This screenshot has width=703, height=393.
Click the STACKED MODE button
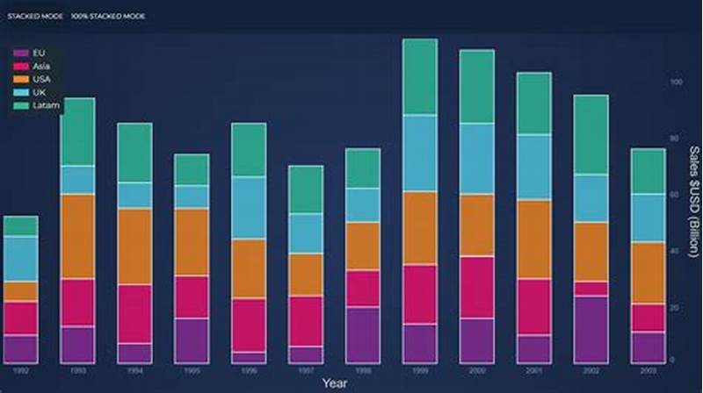(34, 16)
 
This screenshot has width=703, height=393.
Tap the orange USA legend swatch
(20, 79)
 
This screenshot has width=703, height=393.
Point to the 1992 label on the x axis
(20, 371)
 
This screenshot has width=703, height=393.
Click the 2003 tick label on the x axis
(648, 371)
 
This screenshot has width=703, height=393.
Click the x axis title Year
(334, 382)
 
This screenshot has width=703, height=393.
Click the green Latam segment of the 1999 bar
(420, 76)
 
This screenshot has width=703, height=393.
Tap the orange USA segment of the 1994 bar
(134, 246)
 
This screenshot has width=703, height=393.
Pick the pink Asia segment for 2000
(477, 287)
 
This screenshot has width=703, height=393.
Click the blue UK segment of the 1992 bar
(20, 259)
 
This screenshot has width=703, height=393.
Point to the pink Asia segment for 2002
(591, 289)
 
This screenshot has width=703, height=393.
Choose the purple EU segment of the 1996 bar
(249, 357)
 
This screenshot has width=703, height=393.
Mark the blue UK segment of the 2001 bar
(533, 167)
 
